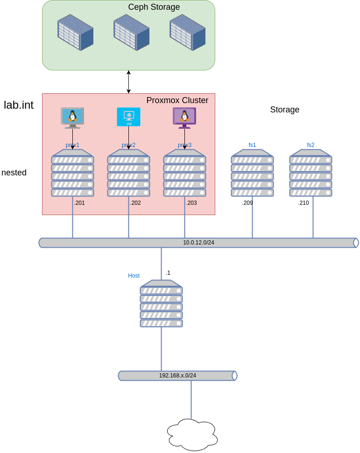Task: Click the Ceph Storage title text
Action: (x=154, y=7)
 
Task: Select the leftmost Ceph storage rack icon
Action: (x=75, y=32)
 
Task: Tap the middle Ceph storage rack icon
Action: (x=131, y=32)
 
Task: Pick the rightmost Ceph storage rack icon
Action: (x=187, y=32)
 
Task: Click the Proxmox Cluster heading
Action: (x=177, y=100)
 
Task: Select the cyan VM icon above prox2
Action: (x=128, y=117)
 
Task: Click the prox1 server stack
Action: (x=72, y=173)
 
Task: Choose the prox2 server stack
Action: (x=128, y=173)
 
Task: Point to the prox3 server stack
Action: (x=184, y=173)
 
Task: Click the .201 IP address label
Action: (x=79, y=203)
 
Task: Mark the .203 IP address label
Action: (x=191, y=203)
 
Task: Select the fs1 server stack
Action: (x=252, y=173)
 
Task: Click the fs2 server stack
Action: (x=311, y=173)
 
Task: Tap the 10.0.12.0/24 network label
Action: (x=198, y=243)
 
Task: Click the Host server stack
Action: (x=161, y=304)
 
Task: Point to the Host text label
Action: (x=134, y=276)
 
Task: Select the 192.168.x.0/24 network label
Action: (x=177, y=376)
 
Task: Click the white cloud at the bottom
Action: (x=192, y=435)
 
